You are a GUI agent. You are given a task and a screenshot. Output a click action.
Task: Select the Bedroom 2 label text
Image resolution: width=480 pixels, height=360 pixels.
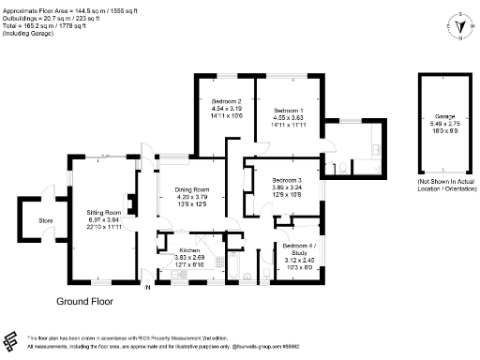[227, 100]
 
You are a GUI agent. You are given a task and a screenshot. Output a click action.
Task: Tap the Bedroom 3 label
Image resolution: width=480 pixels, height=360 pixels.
[288, 179]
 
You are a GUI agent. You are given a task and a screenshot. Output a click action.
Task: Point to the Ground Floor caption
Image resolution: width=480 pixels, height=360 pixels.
[85, 302]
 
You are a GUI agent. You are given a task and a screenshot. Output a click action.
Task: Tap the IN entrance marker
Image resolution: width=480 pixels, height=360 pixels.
[146, 287]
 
